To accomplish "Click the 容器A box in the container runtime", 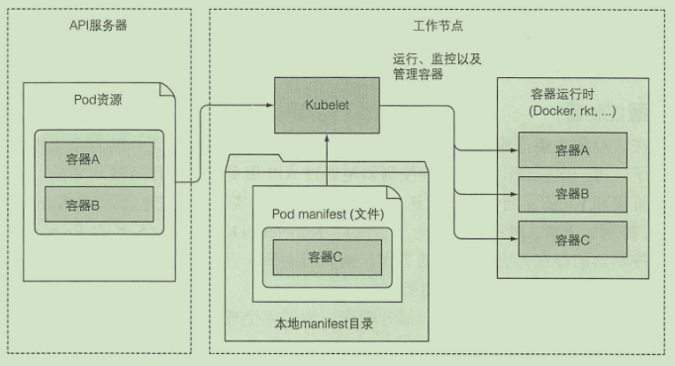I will (x=572, y=150).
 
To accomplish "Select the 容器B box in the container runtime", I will (x=572, y=195).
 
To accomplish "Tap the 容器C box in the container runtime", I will (x=572, y=239).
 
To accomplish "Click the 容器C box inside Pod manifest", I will (x=326, y=257).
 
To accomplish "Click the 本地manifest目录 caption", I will (x=323, y=324).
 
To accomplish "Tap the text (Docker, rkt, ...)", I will (x=572, y=112).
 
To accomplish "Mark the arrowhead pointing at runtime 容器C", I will (x=514, y=239).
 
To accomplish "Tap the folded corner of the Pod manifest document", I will (x=393, y=191).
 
